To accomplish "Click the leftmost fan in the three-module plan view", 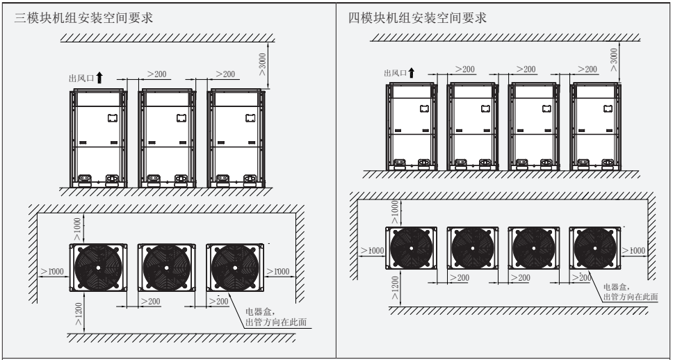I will point(98,268).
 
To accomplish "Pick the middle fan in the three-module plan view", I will point(167,268).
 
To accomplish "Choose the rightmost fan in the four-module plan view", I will point(596,249).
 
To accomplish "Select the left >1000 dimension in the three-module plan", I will point(54,270).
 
